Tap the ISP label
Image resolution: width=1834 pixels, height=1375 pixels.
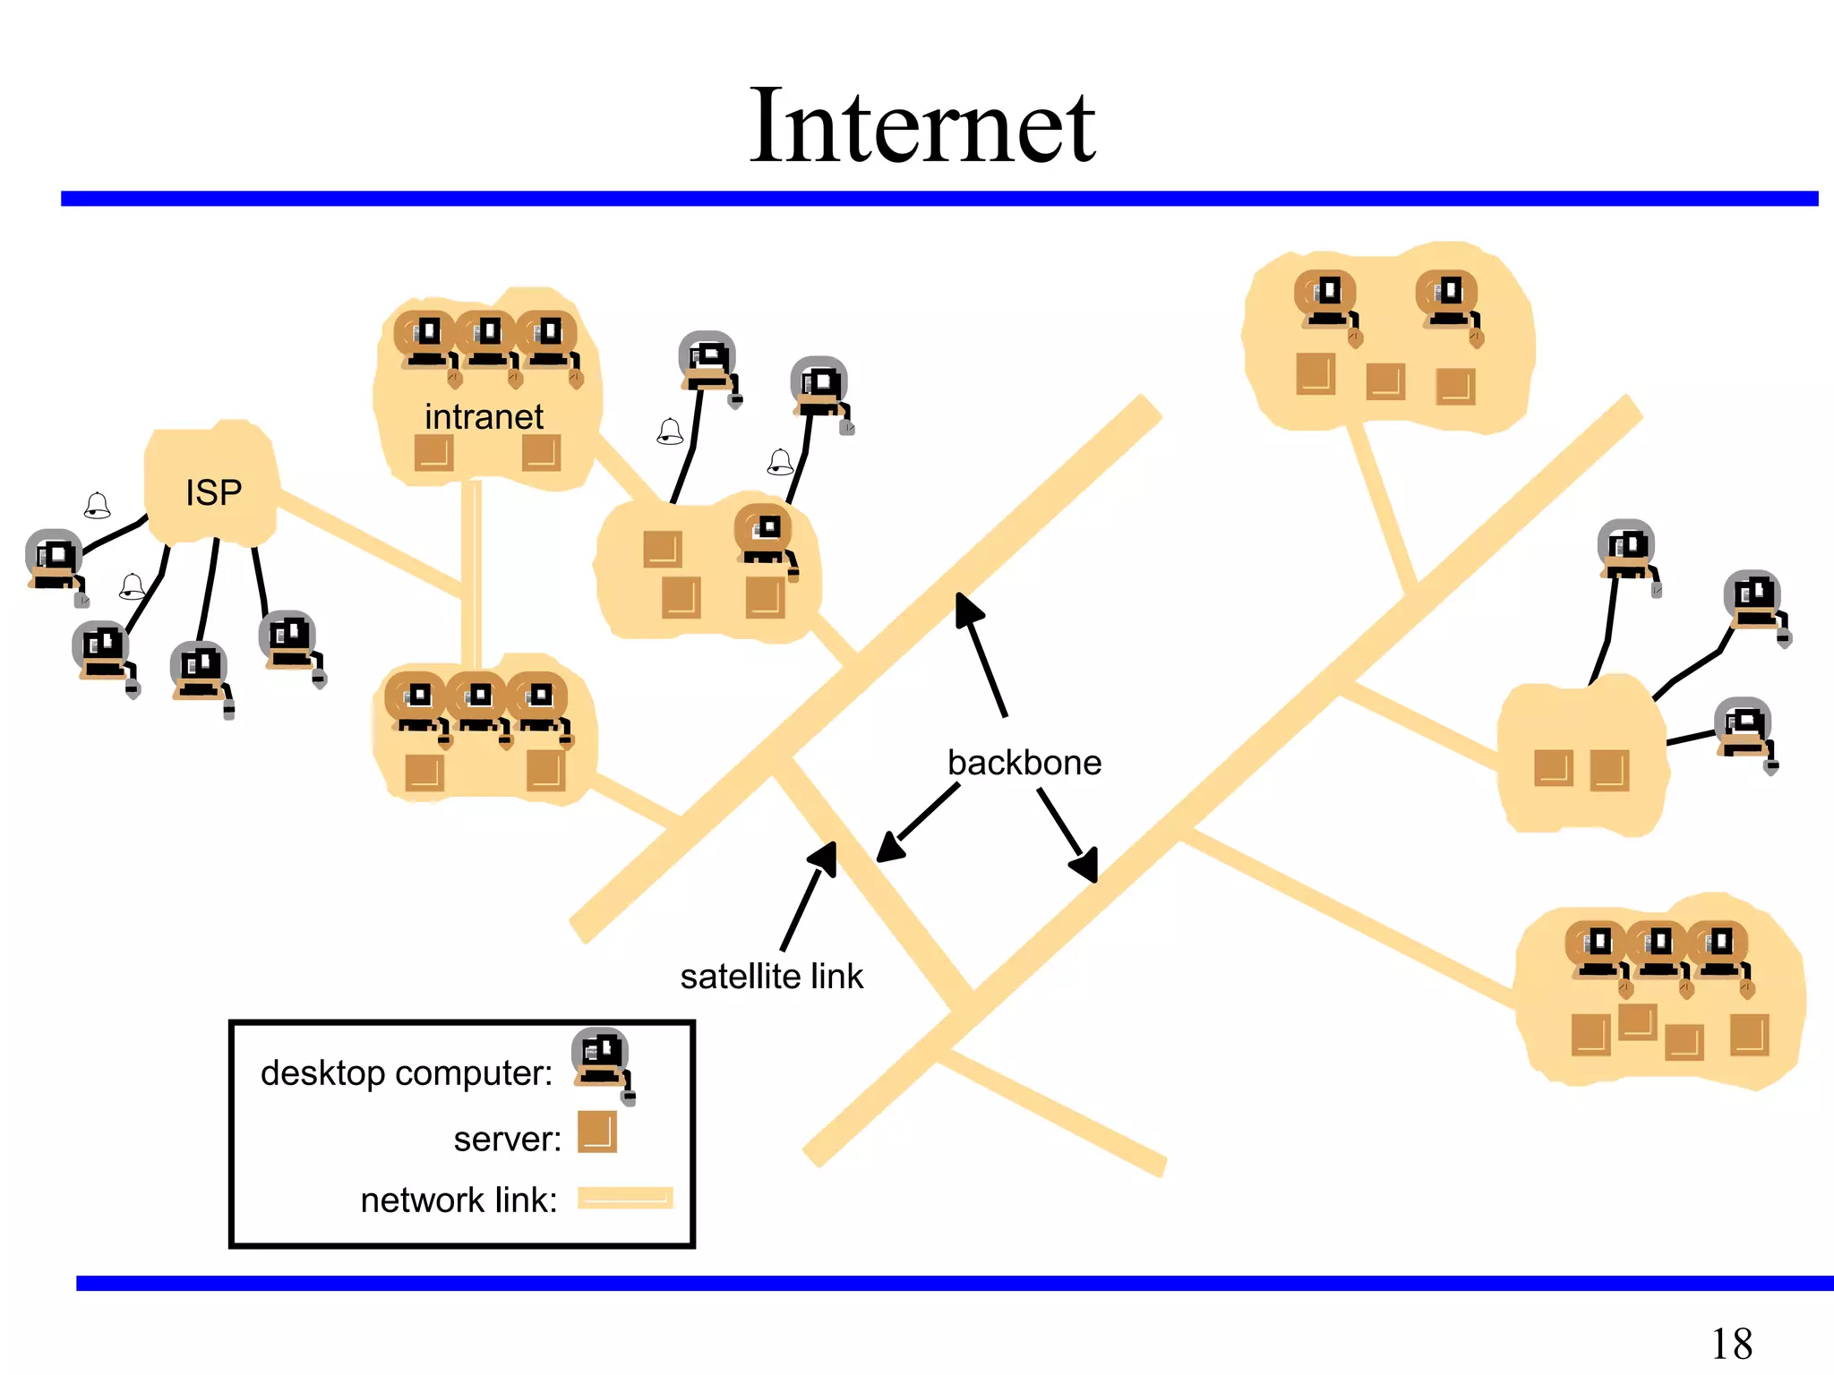point(213,492)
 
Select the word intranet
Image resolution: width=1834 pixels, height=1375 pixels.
point(484,417)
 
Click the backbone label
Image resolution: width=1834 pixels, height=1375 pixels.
point(1024,763)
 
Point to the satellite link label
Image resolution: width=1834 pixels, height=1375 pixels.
point(771,976)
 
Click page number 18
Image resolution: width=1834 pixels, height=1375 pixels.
point(1730,1343)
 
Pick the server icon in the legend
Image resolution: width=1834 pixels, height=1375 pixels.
point(596,1132)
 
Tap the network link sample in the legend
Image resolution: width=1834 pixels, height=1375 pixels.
point(624,1198)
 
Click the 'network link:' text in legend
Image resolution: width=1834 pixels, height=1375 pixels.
point(458,1200)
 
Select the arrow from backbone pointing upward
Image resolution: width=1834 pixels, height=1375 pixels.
point(981,653)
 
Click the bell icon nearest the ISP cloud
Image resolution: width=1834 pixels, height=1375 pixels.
point(97,506)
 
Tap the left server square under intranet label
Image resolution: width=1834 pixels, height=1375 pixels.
point(433,452)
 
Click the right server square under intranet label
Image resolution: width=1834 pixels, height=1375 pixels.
point(541,452)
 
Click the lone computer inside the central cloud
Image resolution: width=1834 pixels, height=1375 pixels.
point(764,537)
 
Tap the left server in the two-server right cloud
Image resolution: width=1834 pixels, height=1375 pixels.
point(1553,768)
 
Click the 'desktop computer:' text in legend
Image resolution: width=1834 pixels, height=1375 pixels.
point(407,1072)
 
